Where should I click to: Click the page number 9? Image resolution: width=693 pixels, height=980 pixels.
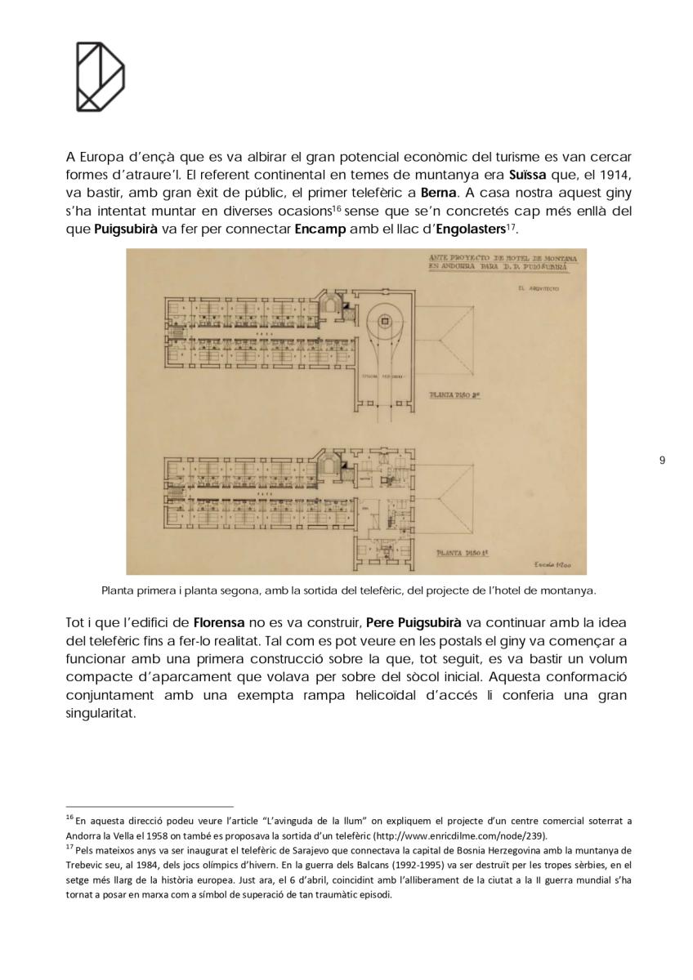(x=661, y=461)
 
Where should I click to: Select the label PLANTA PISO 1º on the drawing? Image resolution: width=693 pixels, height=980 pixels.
(x=462, y=552)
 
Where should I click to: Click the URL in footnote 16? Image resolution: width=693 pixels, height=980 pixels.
(x=459, y=836)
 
